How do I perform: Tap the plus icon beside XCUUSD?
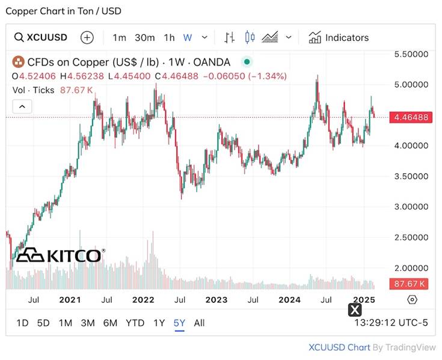click(87, 37)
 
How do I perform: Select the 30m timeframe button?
click(144, 37)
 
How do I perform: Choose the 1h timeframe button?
click(169, 37)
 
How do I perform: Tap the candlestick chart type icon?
click(250, 37)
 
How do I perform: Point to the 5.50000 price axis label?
click(411, 54)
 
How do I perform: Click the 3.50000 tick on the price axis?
click(411, 176)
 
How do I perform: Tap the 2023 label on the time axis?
click(216, 299)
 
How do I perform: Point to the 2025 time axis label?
click(364, 299)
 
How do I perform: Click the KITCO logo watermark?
click(60, 255)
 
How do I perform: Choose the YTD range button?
click(135, 323)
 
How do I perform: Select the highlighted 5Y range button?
click(179, 323)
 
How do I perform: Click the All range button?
click(199, 323)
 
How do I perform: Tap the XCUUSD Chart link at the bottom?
click(339, 347)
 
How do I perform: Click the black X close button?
click(355, 310)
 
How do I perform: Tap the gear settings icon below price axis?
click(412, 299)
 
